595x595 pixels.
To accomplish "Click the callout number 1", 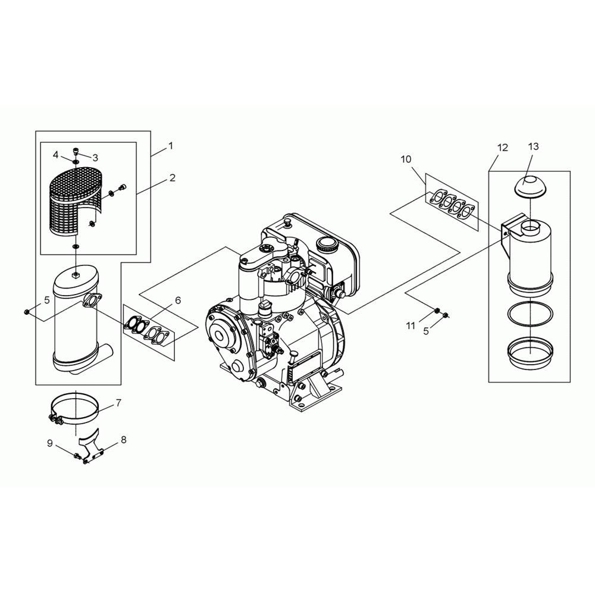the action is click(x=171, y=146).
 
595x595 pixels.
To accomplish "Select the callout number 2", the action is click(x=173, y=177).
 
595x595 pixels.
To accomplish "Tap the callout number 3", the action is click(x=95, y=157).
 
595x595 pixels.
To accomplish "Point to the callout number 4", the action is click(x=56, y=155).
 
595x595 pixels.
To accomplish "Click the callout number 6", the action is click(x=177, y=300).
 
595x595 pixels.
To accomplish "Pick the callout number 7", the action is click(x=118, y=403).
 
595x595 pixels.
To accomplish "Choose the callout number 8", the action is click(x=124, y=440).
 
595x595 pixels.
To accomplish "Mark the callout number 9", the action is click(x=50, y=443).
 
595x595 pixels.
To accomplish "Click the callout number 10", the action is click(x=406, y=159).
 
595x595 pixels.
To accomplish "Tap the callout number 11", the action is click(x=411, y=325).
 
